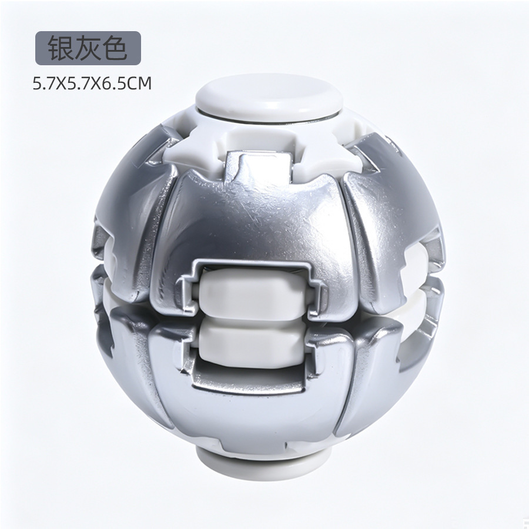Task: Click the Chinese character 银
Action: coord(60,48)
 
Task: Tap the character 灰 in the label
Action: coord(88,48)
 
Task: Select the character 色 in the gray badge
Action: coord(115,48)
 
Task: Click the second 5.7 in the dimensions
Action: coord(79,83)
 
